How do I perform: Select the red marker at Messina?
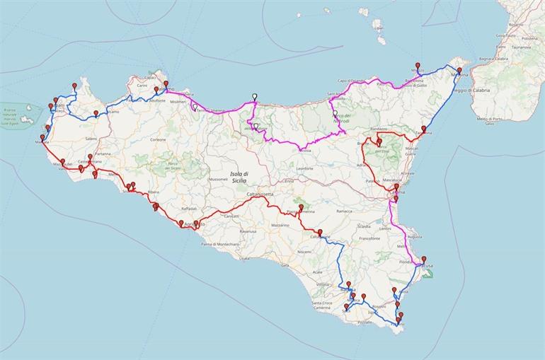pos(459,71)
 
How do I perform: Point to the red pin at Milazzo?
pos(418,65)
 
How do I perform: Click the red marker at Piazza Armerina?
pos(302,208)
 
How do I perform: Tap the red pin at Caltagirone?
pos(320,232)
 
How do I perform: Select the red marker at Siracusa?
pos(424,259)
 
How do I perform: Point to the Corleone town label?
pos(159,140)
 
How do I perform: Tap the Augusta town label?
pos(415,236)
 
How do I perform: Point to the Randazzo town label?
pos(379,129)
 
